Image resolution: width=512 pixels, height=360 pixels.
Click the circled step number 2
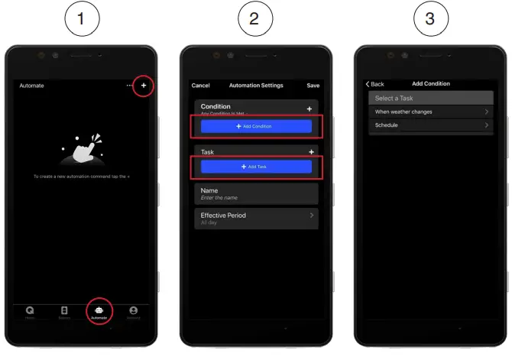(x=255, y=19)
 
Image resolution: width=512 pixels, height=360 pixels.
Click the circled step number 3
(x=430, y=19)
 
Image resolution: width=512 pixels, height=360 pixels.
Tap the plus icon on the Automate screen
(x=143, y=86)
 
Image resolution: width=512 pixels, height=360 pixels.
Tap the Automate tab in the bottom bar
(x=99, y=311)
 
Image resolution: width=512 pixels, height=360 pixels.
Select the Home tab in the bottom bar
(x=30, y=311)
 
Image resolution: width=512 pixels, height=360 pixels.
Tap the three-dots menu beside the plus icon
(x=130, y=86)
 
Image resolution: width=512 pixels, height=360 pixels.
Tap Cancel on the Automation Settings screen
(x=200, y=86)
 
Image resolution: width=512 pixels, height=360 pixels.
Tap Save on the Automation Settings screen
(x=313, y=86)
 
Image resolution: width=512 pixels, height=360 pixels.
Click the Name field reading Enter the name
(x=256, y=193)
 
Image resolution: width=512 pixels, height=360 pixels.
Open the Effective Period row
(x=256, y=219)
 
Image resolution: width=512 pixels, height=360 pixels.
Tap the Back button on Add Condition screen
(x=374, y=84)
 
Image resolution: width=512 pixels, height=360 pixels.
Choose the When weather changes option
(x=430, y=112)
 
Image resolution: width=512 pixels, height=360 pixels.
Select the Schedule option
(x=430, y=125)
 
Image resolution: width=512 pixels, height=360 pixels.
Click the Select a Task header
(x=430, y=98)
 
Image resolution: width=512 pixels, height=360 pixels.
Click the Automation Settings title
(x=256, y=86)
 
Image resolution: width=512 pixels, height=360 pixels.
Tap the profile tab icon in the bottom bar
(x=134, y=311)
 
